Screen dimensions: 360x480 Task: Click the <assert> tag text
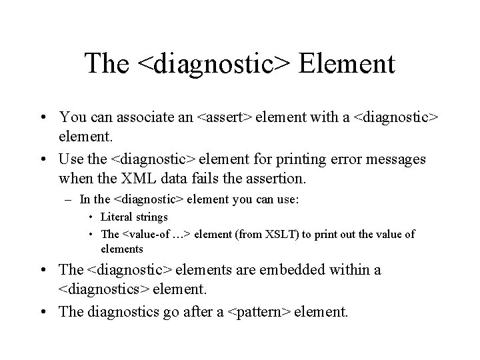(224, 117)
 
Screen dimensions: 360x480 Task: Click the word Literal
(116, 217)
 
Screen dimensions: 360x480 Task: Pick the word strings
(151, 217)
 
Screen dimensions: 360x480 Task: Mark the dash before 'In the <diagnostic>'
(71, 199)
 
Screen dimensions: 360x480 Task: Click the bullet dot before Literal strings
(91, 217)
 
